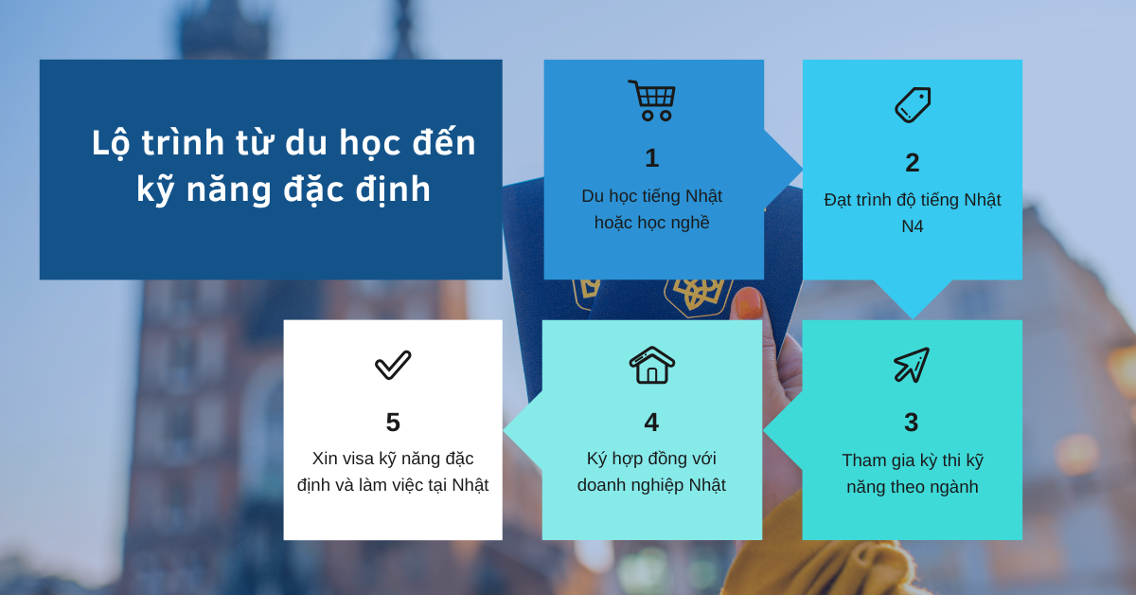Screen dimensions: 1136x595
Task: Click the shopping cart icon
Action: click(651, 101)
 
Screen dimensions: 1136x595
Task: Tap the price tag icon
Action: click(913, 105)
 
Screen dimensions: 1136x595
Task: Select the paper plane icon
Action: click(912, 365)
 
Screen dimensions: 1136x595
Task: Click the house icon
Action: click(651, 365)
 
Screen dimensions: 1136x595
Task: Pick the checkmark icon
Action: click(393, 365)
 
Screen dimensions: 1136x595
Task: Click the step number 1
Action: click(651, 158)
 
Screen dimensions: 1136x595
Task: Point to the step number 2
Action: click(913, 163)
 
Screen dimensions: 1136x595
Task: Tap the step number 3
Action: click(912, 423)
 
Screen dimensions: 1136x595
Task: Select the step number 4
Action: click(651, 423)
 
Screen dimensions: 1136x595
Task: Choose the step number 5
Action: click(393, 423)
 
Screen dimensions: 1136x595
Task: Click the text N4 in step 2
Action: click(913, 226)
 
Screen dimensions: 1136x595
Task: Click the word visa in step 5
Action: click(355, 459)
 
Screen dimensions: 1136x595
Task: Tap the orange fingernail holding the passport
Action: click(749, 303)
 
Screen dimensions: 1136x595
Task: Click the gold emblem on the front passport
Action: click(698, 296)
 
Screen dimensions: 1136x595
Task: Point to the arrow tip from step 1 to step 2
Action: click(802, 170)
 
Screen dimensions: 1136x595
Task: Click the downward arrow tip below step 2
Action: click(913, 318)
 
